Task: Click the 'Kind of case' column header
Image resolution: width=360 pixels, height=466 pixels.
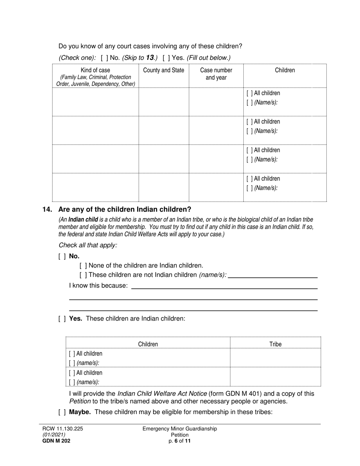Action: (95, 70)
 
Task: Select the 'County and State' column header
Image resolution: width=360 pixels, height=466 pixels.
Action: (164, 70)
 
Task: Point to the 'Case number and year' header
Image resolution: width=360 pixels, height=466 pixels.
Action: (216, 74)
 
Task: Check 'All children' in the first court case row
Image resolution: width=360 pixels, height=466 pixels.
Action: (250, 93)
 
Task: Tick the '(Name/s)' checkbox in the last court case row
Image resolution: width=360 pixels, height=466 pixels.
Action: (250, 188)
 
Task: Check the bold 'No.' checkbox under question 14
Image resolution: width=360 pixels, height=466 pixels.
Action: (62, 256)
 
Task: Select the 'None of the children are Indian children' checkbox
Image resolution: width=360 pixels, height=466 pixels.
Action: (83, 266)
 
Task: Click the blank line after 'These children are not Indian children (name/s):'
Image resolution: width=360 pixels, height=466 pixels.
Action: (273, 275)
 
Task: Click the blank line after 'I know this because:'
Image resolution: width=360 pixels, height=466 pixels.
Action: (224, 286)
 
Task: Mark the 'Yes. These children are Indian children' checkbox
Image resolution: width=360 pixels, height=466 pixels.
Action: (62, 319)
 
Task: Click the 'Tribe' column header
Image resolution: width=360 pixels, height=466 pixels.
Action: (275, 344)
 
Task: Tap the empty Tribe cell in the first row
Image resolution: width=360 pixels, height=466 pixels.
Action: (275, 358)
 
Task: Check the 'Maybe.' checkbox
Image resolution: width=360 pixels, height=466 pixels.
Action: (62, 412)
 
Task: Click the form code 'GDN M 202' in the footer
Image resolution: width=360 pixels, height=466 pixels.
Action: (56, 441)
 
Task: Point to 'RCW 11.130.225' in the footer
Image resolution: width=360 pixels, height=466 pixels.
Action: (63, 429)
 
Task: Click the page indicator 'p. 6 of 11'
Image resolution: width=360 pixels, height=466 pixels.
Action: (180, 441)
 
